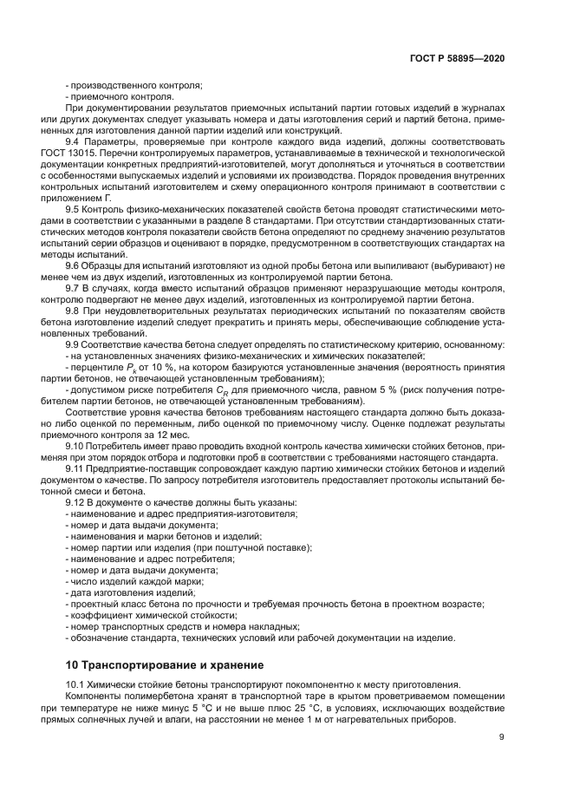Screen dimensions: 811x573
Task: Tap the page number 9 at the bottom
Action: [x=502, y=738]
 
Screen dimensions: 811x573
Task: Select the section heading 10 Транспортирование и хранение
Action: [x=166, y=665]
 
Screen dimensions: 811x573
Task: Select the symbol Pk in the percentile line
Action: [x=133, y=367]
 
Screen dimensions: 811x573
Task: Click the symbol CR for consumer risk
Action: [x=224, y=389]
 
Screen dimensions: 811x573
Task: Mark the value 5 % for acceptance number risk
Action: [x=392, y=389]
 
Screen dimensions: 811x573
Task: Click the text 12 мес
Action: [x=169, y=435]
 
